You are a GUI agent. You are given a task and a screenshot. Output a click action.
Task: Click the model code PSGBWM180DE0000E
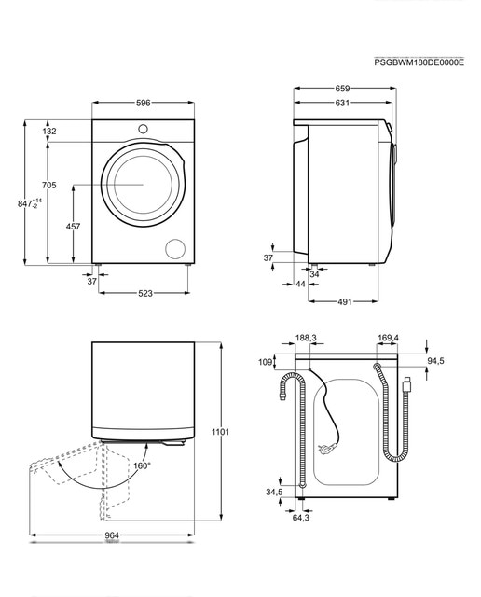pyautogui.click(x=419, y=62)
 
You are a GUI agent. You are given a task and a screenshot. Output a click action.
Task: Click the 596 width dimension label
pyautogui.click(x=143, y=103)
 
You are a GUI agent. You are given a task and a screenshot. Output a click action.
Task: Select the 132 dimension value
pyautogui.click(x=49, y=131)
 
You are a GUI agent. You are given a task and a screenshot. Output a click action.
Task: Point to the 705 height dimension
pyautogui.click(x=49, y=185)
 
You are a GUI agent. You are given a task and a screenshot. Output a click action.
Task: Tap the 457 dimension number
pyautogui.click(x=73, y=226)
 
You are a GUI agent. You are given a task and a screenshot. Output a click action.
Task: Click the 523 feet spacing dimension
pyautogui.click(x=145, y=293)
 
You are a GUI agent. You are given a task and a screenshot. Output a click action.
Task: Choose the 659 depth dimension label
pyautogui.click(x=342, y=89)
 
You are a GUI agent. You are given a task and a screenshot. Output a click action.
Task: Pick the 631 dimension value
pyautogui.click(x=342, y=103)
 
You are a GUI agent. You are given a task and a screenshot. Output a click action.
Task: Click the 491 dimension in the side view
pyautogui.click(x=345, y=301)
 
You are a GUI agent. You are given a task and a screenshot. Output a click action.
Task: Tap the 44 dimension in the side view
pyautogui.click(x=300, y=284)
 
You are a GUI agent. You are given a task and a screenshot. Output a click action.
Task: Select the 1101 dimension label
pyautogui.click(x=220, y=432)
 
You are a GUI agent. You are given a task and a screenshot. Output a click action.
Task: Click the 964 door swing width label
pyautogui.click(x=112, y=535)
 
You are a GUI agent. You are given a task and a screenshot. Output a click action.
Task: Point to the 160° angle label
pyautogui.click(x=142, y=465)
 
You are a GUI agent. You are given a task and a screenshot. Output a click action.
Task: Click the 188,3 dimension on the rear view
pyautogui.click(x=306, y=338)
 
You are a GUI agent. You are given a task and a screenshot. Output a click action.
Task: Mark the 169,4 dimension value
pyautogui.click(x=388, y=338)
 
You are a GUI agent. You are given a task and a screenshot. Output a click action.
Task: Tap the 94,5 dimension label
pyautogui.click(x=435, y=361)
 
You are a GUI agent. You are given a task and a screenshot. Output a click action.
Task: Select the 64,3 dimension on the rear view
pyautogui.click(x=300, y=518)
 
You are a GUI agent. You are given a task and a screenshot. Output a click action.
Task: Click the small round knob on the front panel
pyautogui.click(x=143, y=129)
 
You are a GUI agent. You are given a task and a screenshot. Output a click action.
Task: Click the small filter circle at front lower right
pyautogui.click(x=175, y=249)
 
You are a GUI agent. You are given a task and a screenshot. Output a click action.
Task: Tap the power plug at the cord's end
pyautogui.click(x=325, y=449)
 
